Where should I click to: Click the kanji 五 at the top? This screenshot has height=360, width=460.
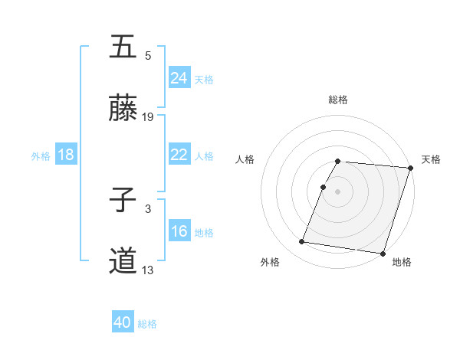coord(123,48)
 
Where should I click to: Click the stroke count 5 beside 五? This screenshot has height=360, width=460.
coord(148,55)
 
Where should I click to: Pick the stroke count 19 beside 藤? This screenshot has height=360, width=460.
coord(148,117)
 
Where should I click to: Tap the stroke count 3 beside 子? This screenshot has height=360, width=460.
coord(148,208)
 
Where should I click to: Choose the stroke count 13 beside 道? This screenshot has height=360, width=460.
coord(148,270)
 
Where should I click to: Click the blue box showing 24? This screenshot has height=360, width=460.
coord(179,78)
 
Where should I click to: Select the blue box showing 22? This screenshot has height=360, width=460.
coord(179,155)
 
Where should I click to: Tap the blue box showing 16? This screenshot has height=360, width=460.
coord(179,231)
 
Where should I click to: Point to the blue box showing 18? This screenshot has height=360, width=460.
coord(66,155)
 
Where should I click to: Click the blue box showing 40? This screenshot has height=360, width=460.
coord(123,323)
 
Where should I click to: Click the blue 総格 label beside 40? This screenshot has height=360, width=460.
coord(148,324)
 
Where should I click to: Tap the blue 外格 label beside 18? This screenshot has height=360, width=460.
coord(41,155)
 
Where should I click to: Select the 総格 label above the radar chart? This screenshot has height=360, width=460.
coord(338,100)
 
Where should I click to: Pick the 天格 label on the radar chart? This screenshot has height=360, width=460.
coord(431,159)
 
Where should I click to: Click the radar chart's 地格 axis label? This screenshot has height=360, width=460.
coord(402,263)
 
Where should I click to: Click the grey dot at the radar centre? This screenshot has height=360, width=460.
coord(338,191)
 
